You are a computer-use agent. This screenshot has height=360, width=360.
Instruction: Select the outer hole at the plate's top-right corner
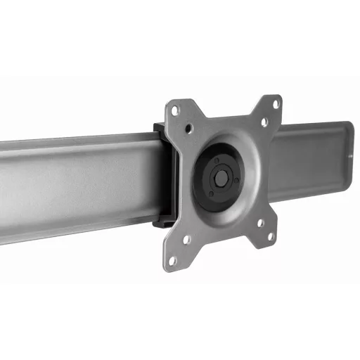[276, 103]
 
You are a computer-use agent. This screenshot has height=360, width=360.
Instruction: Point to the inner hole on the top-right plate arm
[264, 122]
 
